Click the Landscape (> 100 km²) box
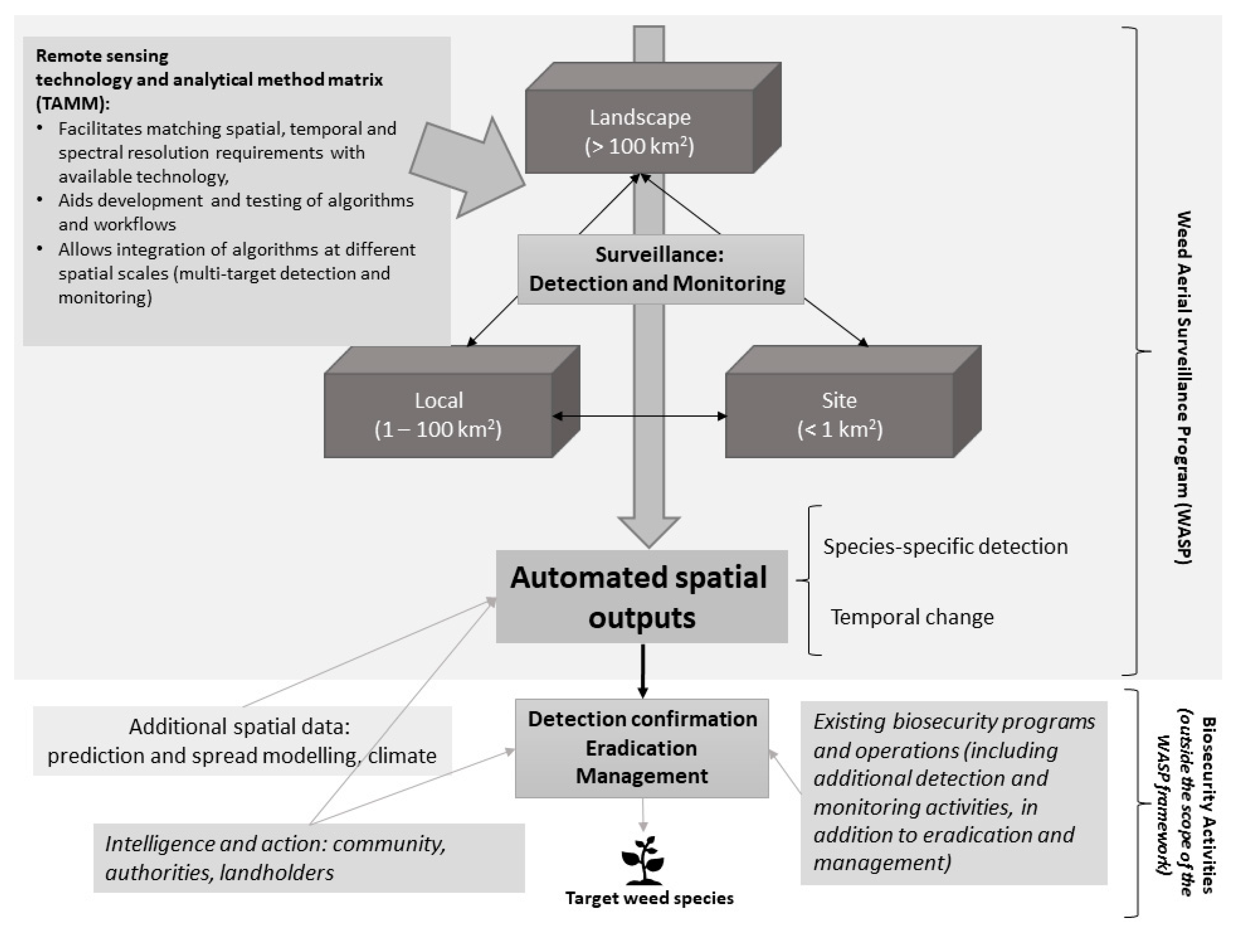(x=653, y=118)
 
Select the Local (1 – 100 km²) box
(x=451, y=402)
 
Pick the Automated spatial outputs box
(x=642, y=597)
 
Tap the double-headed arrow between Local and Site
(x=639, y=416)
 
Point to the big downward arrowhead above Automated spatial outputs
(x=649, y=531)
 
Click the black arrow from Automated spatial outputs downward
(x=643, y=671)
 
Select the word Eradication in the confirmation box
(x=642, y=748)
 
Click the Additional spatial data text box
(x=242, y=741)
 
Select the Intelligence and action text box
(x=309, y=858)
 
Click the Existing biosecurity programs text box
(x=954, y=793)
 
